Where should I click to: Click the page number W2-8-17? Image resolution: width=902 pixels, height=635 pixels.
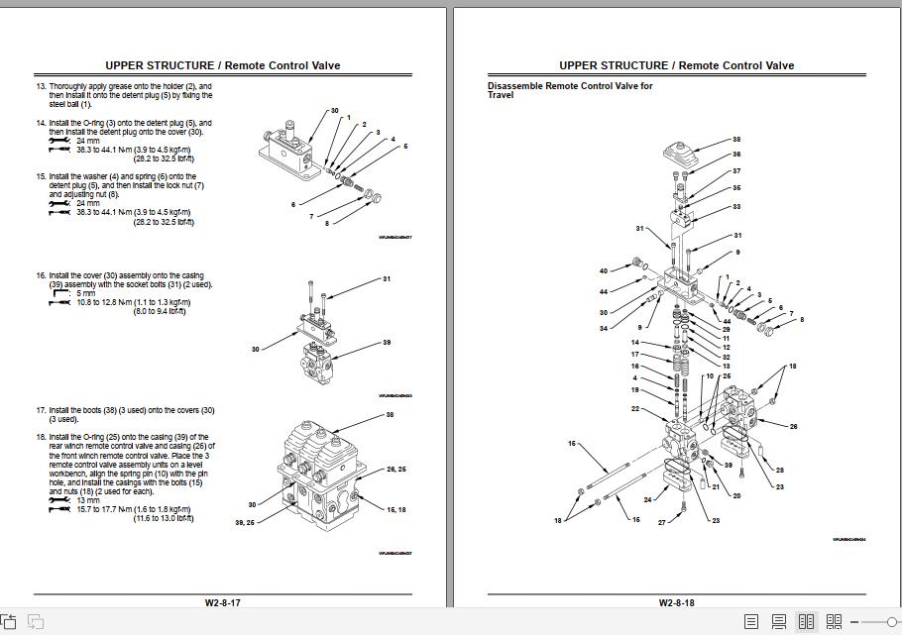[x=222, y=601]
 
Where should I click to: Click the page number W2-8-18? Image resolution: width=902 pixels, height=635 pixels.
[x=676, y=601]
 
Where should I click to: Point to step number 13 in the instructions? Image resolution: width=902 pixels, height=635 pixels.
[x=41, y=86]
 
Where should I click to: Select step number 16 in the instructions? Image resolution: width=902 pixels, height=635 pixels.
[x=41, y=275]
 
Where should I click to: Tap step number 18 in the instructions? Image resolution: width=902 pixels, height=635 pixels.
[x=41, y=437]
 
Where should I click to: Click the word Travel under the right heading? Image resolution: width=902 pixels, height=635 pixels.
[x=501, y=95]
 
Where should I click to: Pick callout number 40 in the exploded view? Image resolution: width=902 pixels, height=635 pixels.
[x=603, y=270]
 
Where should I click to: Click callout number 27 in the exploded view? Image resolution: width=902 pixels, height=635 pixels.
[x=662, y=521]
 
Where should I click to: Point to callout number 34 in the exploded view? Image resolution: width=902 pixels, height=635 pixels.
[x=603, y=328]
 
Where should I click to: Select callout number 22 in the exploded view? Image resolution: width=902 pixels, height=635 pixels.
[x=635, y=408]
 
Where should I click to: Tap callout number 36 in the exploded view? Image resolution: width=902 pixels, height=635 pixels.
[x=736, y=155]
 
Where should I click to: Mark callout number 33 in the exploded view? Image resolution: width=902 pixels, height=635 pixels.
[x=736, y=206]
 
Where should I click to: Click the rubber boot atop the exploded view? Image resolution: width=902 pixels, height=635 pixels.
[x=685, y=154]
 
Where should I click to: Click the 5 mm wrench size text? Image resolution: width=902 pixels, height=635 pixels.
[x=85, y=293]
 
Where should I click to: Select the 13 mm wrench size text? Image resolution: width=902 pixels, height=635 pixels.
[x=87, y=501]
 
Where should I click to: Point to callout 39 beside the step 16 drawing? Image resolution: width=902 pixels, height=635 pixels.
[x=386, y=343]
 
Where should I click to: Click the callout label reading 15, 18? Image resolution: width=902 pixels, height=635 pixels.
[x=395, y=509]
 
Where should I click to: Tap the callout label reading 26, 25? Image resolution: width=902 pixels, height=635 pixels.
[x=395, y=469]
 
